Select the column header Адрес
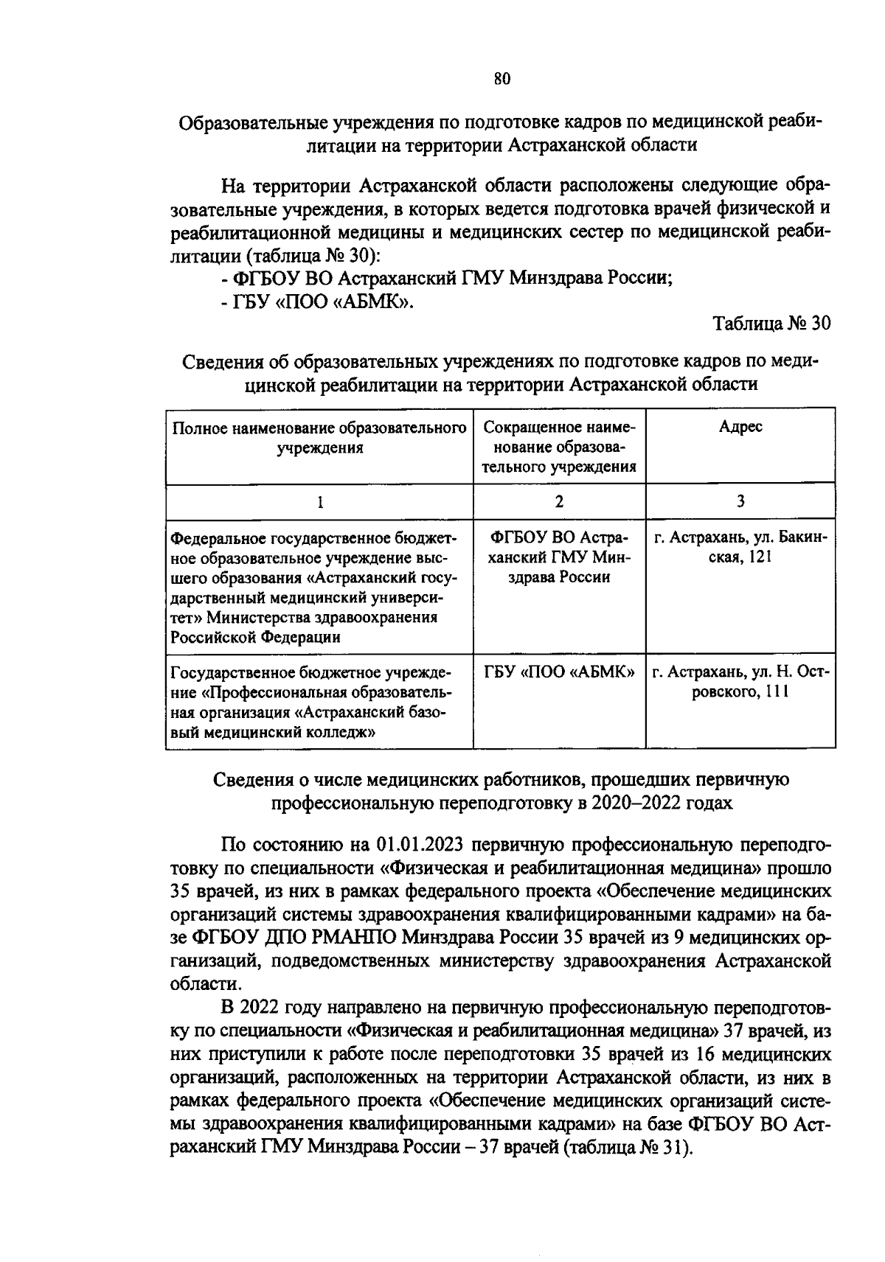click(x=740, y=428)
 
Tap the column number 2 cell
click(x=559, y=502)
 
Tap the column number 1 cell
click(x=319, y=502)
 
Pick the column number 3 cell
click(x=740, y=502)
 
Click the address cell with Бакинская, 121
click(x=740, y=548)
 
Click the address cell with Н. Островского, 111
click(x=740, y=682)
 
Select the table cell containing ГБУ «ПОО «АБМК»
click(x=559, y=672)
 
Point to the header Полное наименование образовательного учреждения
click(x=319, y=438)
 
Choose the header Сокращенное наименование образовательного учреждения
click(x=559, y=447)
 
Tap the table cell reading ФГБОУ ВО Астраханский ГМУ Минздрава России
click(x=559, y=557)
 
